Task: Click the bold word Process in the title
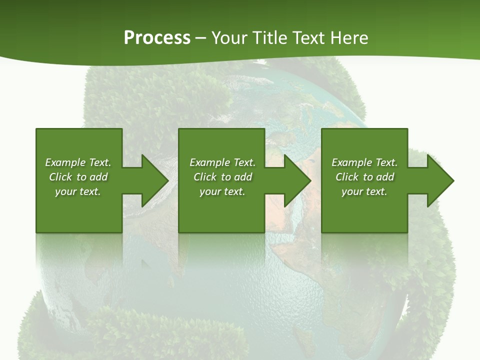pyautogui.click(x=157, y=38)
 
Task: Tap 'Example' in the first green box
pyautogui.click(x=65, y=162)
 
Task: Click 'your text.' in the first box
pyautogui.click(x=78, y=191)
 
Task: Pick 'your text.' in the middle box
pyautogui.click(x=222, y=191)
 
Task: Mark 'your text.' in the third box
pyautogui.click(x=364, y=191)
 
